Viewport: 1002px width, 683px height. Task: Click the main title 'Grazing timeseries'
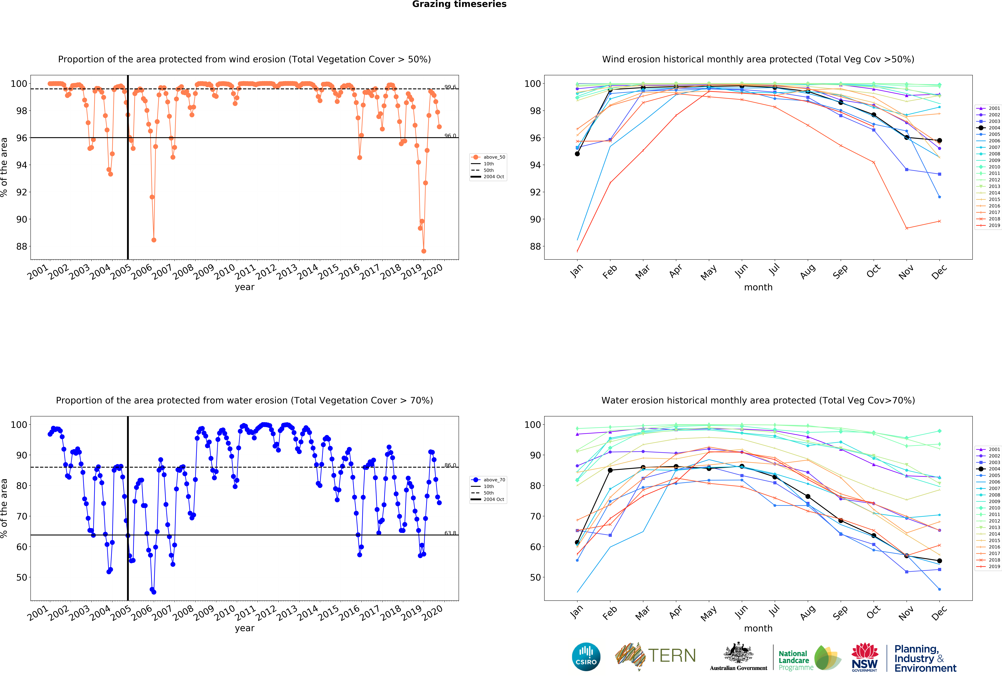pos(459,4)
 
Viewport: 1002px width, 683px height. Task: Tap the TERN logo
pos(655,656)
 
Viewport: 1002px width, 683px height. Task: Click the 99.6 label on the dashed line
pos(450,87)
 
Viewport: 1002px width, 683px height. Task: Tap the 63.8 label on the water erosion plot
pos(450,533)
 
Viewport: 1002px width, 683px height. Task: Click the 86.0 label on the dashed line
pos(450,465)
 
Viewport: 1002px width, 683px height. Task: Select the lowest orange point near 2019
pos(424,251)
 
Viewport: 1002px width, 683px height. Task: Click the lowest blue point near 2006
pos(154,592)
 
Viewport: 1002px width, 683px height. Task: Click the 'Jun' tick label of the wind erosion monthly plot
pos(741,271)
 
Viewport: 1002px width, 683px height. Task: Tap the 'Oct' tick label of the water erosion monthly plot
pos(873,612)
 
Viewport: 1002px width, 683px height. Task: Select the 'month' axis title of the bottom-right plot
pos(758,628)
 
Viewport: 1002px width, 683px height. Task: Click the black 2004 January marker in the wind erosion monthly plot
pos(577,153)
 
